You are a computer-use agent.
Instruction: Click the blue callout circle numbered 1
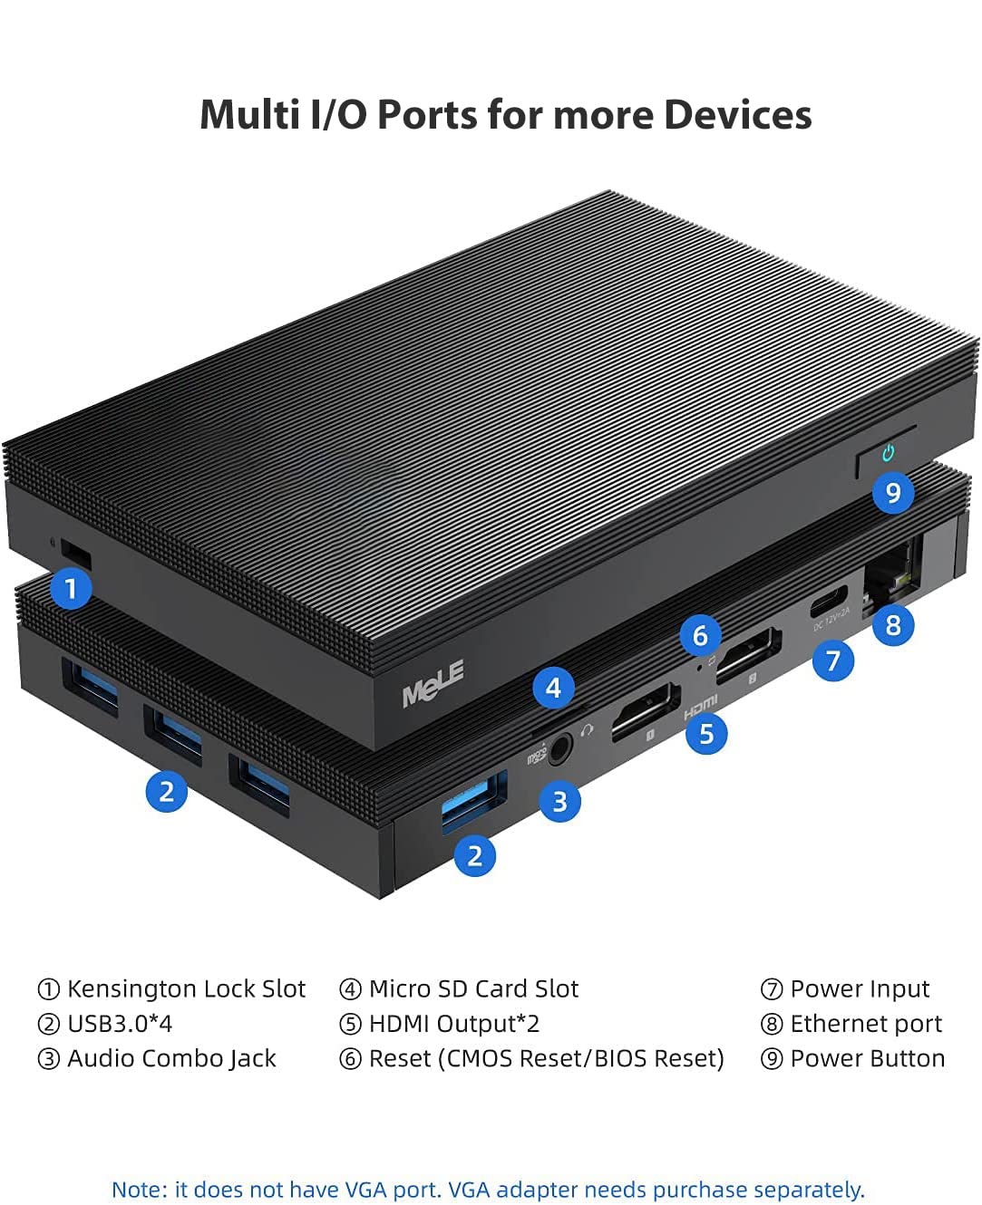[x=71, y=589]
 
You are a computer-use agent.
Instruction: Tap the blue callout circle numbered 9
[x=892, y=493]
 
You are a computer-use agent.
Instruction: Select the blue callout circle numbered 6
[x=700, y=635]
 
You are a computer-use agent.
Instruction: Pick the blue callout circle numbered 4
[x=553, y=688]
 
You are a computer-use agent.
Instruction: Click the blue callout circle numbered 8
[x=892, y=625]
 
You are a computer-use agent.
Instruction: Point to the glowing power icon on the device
[x=888, y=453]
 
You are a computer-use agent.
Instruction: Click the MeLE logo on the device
[x=433, y=683]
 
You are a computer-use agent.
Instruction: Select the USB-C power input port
[x=829, y=601]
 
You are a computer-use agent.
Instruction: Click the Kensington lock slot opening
[x=76, y=554]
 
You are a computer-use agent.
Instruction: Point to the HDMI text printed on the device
[x=700, y=707]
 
